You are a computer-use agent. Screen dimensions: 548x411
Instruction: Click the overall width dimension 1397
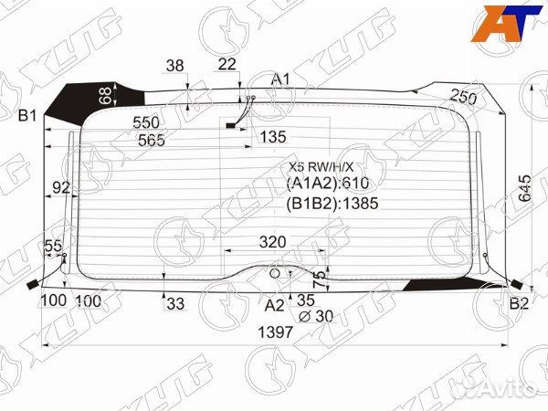pyautogui.click(x=275, y=332)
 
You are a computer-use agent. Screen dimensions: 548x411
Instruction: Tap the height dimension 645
pyautogui.click(x=524, y=188)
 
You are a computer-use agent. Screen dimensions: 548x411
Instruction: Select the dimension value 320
pyautogui.click(x=272, y=242)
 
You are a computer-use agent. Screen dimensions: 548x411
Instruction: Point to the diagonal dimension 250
pyautogui.click(x=463, y=97)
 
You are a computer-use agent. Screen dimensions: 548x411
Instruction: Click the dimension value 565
pyautogui.click(x=152, y=140)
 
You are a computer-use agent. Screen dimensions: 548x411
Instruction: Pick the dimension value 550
pyautogui.click(x=146, y=122)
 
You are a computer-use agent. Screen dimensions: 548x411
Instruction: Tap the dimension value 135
pyautogui.click(x=273, y=137)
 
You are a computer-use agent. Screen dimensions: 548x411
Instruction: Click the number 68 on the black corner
pyautogui.click(x=105, y=95)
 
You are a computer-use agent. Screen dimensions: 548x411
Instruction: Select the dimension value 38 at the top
pyautogui.click(x=175, y=66)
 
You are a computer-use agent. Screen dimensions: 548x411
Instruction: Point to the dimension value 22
pyautogui.click(x=227, y=65)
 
